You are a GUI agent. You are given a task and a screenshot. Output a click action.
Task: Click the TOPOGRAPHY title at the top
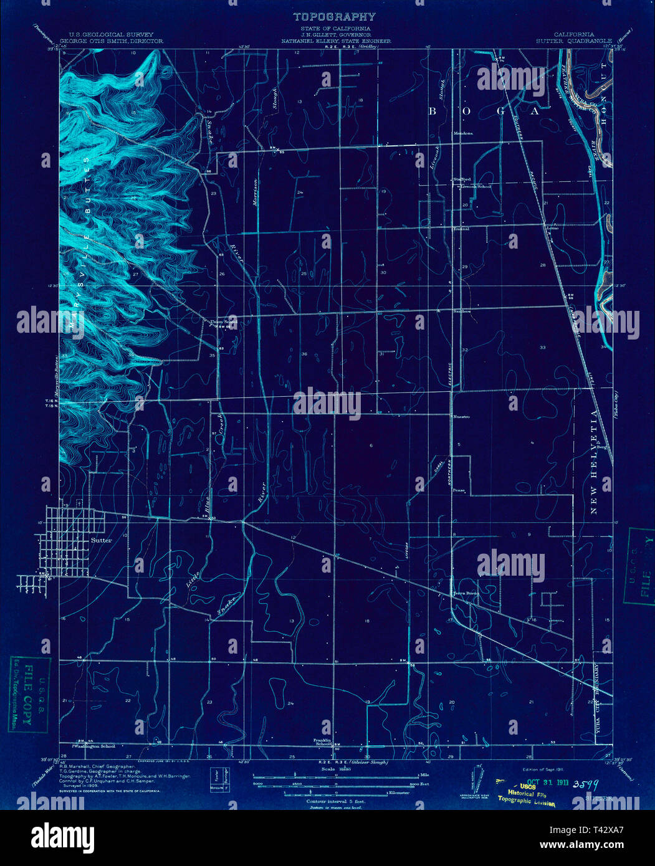(334, 17)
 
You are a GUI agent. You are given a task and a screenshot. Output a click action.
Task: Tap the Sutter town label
(102, 540)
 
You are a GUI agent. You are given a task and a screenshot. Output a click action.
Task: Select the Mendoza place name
(463, 133)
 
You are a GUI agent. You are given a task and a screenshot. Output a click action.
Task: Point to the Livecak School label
(476, 186)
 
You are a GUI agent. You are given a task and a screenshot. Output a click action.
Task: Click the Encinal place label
(461, 229)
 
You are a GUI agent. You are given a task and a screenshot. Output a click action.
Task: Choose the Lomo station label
(552, 228)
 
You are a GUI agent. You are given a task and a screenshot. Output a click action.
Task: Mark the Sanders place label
(462, 311)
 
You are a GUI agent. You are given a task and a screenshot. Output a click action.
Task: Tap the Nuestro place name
(462, 416)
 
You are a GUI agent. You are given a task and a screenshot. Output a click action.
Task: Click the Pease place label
(459, 490)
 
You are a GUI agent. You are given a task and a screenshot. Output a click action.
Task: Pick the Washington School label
(94, 746)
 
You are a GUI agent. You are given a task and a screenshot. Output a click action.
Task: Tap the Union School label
(223, 321)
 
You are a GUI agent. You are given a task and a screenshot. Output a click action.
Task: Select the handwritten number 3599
(586, 784)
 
